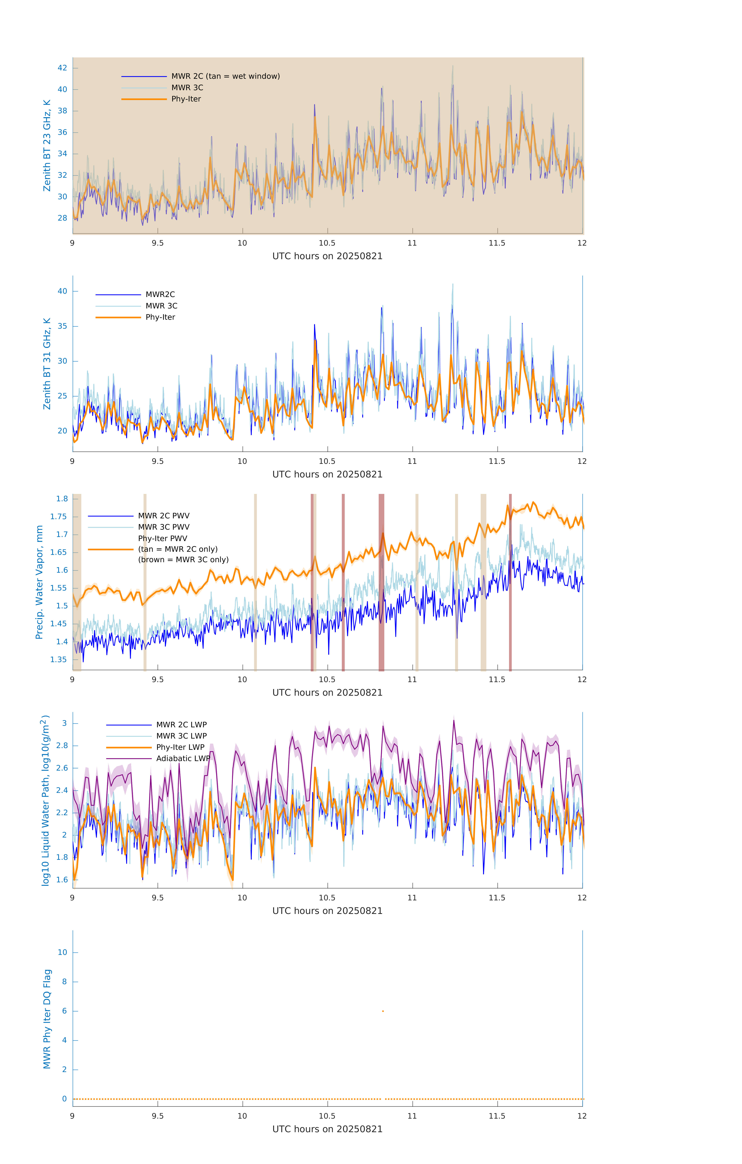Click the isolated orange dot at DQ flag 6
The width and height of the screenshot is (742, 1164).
coord(383,1011)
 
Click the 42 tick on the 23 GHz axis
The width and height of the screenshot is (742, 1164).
coord(62,68)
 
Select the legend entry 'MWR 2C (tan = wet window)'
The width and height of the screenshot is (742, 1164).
coord(225,76)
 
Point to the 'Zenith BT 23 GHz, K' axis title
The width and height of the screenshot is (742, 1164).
coord(47,145)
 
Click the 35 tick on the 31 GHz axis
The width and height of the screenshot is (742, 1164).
coord(62,326)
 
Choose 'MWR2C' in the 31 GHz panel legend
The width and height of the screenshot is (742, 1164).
coord(160,294)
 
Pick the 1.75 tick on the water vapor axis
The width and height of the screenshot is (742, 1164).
coord(59,517)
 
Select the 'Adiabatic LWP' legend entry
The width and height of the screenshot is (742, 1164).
coord(183,758)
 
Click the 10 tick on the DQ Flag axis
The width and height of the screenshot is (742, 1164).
coord(62,952)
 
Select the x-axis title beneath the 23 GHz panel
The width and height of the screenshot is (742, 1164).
coord(327,256)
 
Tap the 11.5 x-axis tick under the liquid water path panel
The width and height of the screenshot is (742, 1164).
coord(497,898)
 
